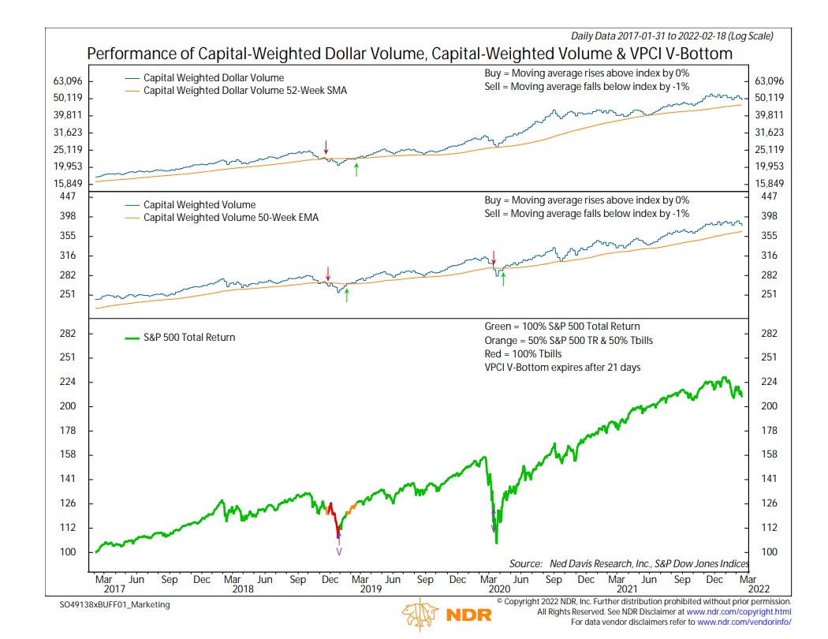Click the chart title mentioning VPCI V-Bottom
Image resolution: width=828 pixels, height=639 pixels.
tap(409, 54)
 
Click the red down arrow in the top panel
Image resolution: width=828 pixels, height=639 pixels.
tap(326, 148)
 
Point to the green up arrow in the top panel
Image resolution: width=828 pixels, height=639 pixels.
tap(356, 168)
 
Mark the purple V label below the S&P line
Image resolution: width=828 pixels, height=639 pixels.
tap(339, 551)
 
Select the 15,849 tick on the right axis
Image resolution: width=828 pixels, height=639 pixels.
tap(770, 183)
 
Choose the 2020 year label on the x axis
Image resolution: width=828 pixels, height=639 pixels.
tap(498, 589)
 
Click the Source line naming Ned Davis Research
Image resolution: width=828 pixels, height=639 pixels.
tap(629, 563)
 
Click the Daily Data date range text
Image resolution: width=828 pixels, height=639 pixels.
tap(672, 35)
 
